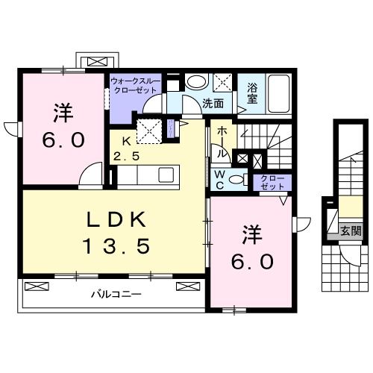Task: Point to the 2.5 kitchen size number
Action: (127, 156)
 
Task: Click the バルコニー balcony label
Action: (116, 294)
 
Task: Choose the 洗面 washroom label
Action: (213, 104)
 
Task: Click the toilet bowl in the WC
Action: (237, 178)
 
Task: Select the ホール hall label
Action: (222, 140)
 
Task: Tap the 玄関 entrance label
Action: (351, 231)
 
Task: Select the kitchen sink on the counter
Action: (166, 175)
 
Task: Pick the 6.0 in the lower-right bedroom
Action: (251, 262)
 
